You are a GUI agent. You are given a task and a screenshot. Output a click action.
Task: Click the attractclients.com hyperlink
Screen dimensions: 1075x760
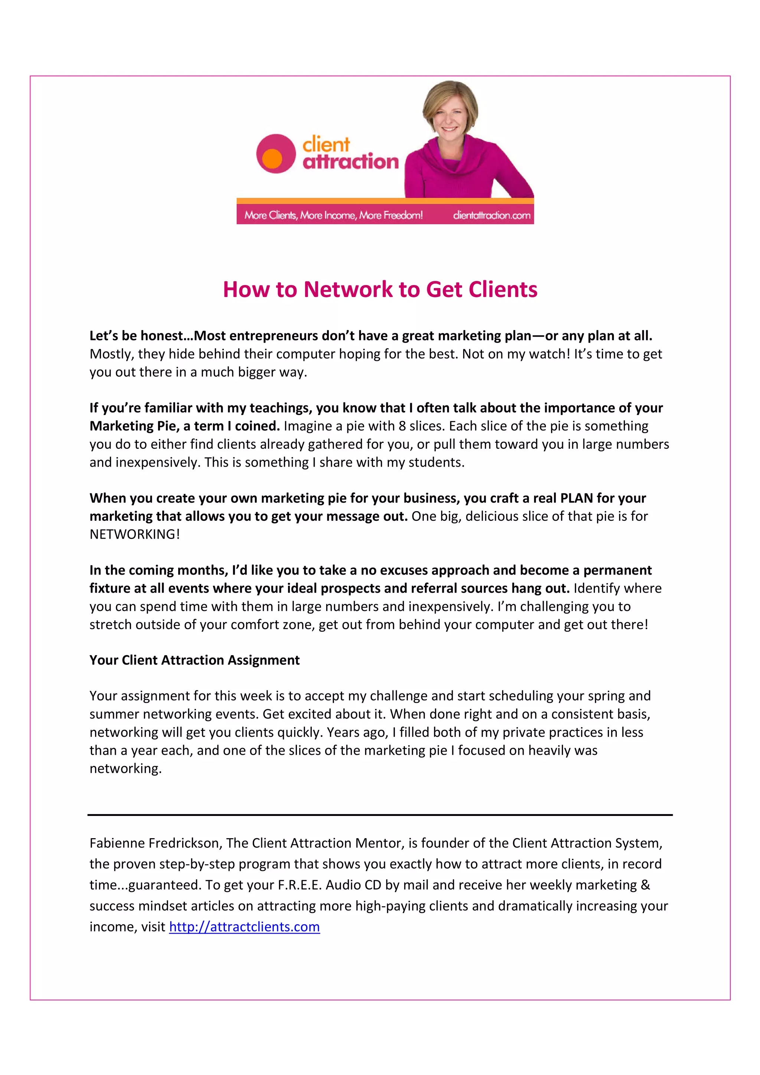click(244, 927)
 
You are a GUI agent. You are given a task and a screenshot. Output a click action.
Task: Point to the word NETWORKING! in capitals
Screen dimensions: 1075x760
click(135, 534)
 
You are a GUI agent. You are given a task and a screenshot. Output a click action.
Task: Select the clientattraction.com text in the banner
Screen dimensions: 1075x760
click(491, 215)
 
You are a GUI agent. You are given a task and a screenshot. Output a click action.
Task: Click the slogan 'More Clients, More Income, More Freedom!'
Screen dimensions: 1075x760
click(333, 215)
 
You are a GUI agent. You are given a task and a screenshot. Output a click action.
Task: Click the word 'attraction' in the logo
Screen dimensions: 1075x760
click(351, 161)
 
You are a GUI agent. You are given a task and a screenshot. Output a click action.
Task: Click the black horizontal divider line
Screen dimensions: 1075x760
click(380, 815)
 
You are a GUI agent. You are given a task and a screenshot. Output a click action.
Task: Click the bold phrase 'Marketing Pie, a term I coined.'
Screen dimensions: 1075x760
click(184, 426)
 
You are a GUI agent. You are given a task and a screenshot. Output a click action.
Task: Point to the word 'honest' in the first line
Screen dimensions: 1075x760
click(161, 336)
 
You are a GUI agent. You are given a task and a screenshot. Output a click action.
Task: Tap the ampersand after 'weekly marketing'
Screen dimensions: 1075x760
click(645, 885)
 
